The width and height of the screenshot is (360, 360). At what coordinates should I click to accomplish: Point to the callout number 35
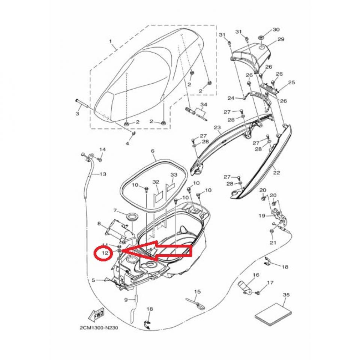(x=286, y=295)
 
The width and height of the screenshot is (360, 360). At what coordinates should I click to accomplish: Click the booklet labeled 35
(x=273, y=311)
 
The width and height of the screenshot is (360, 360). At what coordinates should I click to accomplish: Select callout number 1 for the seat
(x=110, y=40)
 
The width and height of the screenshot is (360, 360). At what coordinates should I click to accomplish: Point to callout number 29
(x=281, y=39)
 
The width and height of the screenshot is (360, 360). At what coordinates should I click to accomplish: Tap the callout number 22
(x=276, y=173)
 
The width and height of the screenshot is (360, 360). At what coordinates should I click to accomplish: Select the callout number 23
(x=217, y=128)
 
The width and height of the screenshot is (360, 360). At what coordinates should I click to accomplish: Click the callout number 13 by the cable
(x=103, y=174)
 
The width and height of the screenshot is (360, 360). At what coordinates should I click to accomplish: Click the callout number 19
(x=261, y=216)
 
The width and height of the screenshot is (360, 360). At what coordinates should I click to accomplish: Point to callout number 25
(x=291, y=82)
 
